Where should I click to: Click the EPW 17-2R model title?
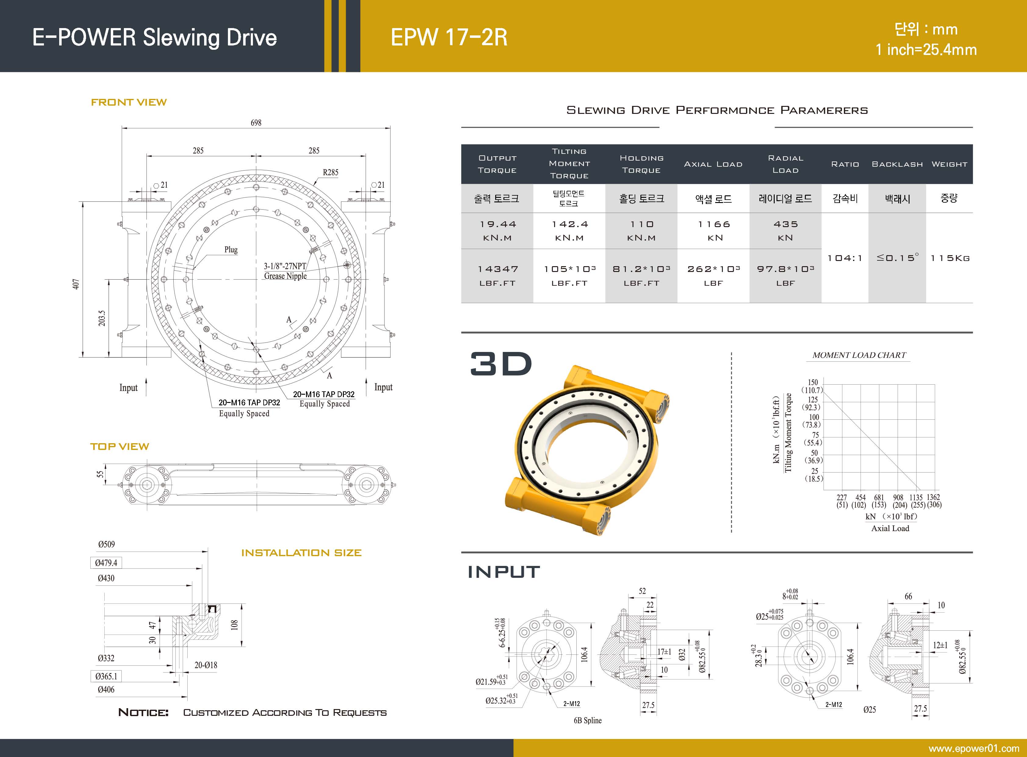[449, 37]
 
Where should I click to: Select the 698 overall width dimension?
[256, 123]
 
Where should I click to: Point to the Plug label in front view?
[231, 250]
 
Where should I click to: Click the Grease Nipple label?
[285, 276]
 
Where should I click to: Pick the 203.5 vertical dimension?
[102, 318]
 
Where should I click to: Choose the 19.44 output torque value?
[498, 224]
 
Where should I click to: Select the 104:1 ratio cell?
[845, 258]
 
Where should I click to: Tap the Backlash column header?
[897, 164]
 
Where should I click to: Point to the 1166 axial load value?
[714, 224]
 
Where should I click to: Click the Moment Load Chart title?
[859, 355]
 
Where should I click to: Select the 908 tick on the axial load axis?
[898, 497]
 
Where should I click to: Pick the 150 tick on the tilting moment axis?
[813, 382]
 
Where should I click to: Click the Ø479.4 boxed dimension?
[106, 563]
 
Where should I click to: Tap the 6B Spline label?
[588, 720]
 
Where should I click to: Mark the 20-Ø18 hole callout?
[206, 665]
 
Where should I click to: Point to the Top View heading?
[120, 446]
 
